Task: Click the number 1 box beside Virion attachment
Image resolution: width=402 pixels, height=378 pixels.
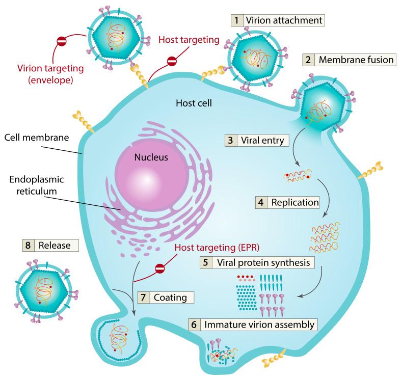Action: [236, 20]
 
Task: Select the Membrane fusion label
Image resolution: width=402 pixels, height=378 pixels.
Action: [356, 60]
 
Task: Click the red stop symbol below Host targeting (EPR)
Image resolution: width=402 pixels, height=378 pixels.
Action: [160, 267]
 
